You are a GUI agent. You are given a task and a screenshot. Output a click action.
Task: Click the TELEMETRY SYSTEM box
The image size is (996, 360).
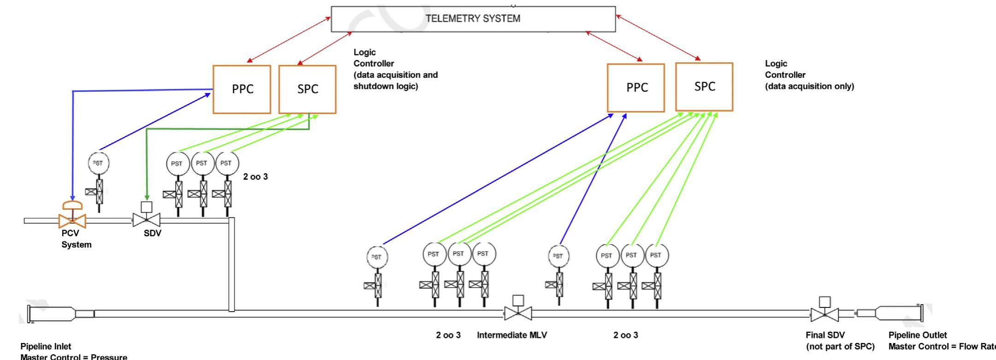[x=473, y=19]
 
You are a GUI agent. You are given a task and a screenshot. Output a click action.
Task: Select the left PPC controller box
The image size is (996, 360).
[x=242, y=89]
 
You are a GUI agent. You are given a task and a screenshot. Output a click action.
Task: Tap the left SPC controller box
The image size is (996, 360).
[x=307, y=89]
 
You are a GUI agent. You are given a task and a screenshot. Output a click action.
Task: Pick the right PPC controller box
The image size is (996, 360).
[x=636, y=88]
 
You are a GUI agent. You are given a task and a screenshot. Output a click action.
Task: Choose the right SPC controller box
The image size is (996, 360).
[x=704, y=87]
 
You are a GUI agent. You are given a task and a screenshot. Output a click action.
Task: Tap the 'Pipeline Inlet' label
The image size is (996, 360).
[x=46, y=346]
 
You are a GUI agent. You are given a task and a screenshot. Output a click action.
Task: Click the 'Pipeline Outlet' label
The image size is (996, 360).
[x=918, y=335]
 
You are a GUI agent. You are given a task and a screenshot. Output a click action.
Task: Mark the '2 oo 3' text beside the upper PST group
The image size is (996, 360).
[x=255, y=177]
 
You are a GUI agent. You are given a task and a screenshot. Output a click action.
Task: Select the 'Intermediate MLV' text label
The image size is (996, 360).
[x=512, y=335]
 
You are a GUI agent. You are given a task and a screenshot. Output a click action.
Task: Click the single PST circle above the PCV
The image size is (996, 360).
[x=99, y=163]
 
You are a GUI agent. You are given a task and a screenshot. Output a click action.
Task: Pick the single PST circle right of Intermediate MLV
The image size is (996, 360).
[x=559, y=256]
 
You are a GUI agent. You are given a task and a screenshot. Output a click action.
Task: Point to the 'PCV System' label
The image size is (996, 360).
[x=76, y=239]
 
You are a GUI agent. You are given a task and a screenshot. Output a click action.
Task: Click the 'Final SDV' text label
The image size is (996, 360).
[x=825, y=335]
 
